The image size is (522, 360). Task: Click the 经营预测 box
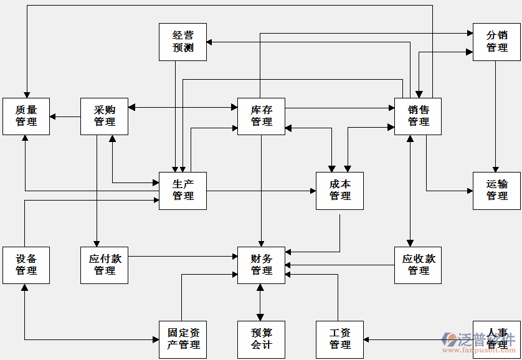183,42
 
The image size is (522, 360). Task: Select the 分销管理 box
496,42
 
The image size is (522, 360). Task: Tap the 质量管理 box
26,116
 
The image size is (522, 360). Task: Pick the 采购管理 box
105,116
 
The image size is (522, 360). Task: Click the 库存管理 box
261,116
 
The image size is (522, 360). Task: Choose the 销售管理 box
418,116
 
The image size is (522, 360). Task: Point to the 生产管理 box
183,191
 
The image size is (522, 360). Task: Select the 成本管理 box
339,191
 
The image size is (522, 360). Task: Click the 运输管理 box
496,191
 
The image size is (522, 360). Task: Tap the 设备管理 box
26,265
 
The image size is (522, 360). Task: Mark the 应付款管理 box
105,265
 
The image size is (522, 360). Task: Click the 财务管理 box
261,265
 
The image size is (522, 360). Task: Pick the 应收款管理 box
418,265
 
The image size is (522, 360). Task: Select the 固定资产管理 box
183,339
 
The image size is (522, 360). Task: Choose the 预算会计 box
261,339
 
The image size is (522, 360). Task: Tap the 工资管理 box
339,339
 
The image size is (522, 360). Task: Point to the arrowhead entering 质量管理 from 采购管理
53,116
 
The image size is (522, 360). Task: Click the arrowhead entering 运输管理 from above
496,169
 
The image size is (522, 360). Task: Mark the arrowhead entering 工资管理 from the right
367,339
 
